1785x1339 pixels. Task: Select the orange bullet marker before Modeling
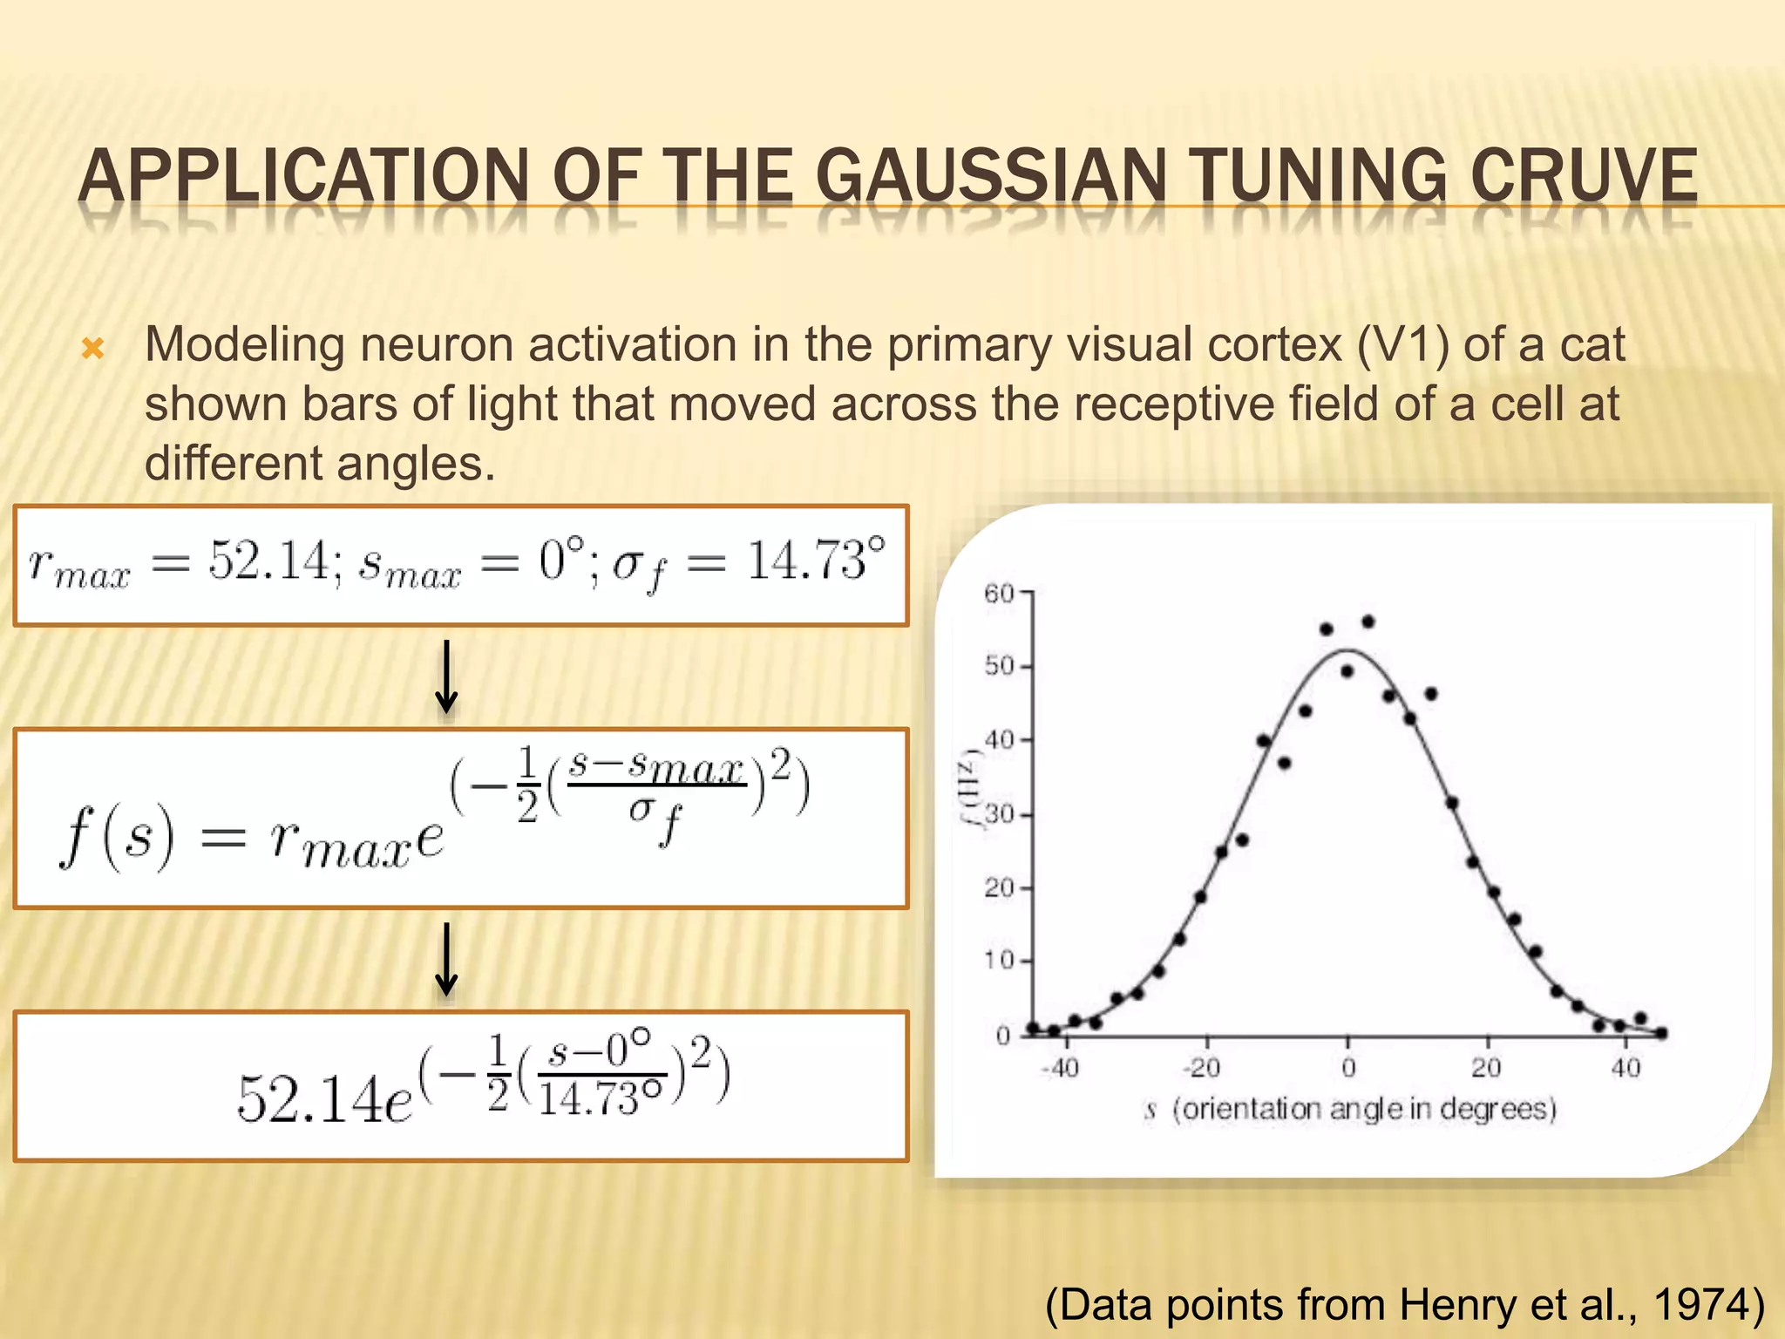point(92,350)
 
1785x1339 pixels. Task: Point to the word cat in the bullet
point(1592,344)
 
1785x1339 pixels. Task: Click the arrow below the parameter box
point(446,677)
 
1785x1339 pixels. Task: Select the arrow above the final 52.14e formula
point(446,959)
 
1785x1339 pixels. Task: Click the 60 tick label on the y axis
point(999,594)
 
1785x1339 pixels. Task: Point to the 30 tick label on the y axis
point(999,815)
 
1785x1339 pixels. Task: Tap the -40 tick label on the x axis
point(1060,1068)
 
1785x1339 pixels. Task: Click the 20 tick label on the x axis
point(1486,1068)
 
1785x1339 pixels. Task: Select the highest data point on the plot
point(1368,622)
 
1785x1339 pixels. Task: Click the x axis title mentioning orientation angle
point(1352,1109)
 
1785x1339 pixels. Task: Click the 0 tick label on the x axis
point(1348,1068)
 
